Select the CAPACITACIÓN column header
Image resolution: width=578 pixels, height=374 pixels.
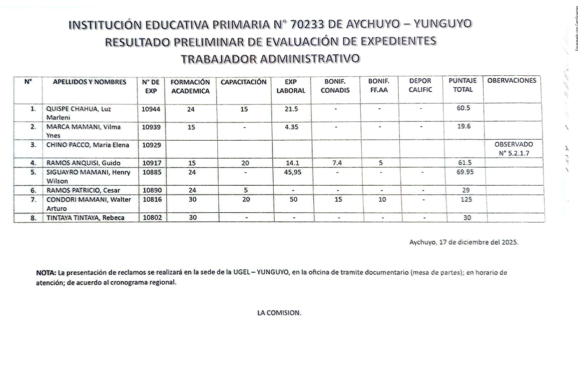point(243,82)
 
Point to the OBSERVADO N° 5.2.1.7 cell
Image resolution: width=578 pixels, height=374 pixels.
point(513,149)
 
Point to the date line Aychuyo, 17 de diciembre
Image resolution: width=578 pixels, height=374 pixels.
point(464,242)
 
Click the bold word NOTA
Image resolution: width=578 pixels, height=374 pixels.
point(46,273)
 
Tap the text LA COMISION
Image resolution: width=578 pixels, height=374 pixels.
point(279,312)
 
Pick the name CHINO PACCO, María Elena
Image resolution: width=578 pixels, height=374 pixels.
point(84,145)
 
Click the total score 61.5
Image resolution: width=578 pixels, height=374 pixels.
point(465,163)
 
